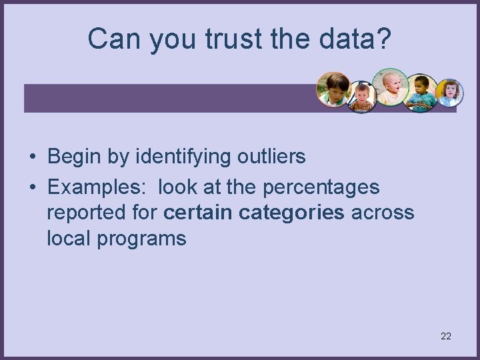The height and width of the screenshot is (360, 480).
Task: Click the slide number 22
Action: click(445, 336)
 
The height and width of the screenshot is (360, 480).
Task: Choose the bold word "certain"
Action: click(197, 213)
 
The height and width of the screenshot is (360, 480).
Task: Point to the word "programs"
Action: click(141, 238)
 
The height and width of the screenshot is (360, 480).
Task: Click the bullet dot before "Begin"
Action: click(32, 157)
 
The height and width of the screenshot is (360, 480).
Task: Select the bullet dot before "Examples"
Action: click(32, 188)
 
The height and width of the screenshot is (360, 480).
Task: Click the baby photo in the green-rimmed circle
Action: click(390, 86)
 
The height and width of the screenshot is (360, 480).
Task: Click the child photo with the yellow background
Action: click(449, 93)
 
